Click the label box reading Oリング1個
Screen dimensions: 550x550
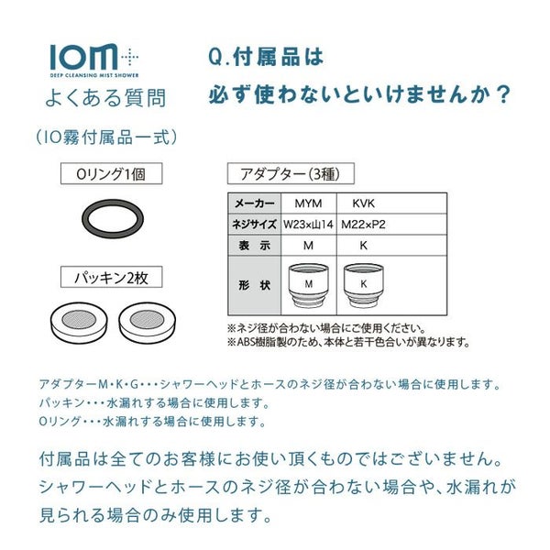112,173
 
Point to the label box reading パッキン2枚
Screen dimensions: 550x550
112,278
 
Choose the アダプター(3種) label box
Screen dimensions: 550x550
291,173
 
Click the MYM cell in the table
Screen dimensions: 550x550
309,203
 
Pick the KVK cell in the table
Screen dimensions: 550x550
363,203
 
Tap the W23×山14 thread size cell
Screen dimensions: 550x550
309,225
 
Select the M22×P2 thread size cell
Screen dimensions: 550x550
363,225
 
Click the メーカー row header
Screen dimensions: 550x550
255,203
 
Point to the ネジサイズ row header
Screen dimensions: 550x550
255,225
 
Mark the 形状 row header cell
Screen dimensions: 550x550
255,285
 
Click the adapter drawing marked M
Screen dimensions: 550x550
309,285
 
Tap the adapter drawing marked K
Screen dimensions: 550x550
363,285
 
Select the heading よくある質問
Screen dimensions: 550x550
105,98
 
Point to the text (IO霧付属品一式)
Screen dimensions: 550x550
106,137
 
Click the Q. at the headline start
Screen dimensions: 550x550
218,58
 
